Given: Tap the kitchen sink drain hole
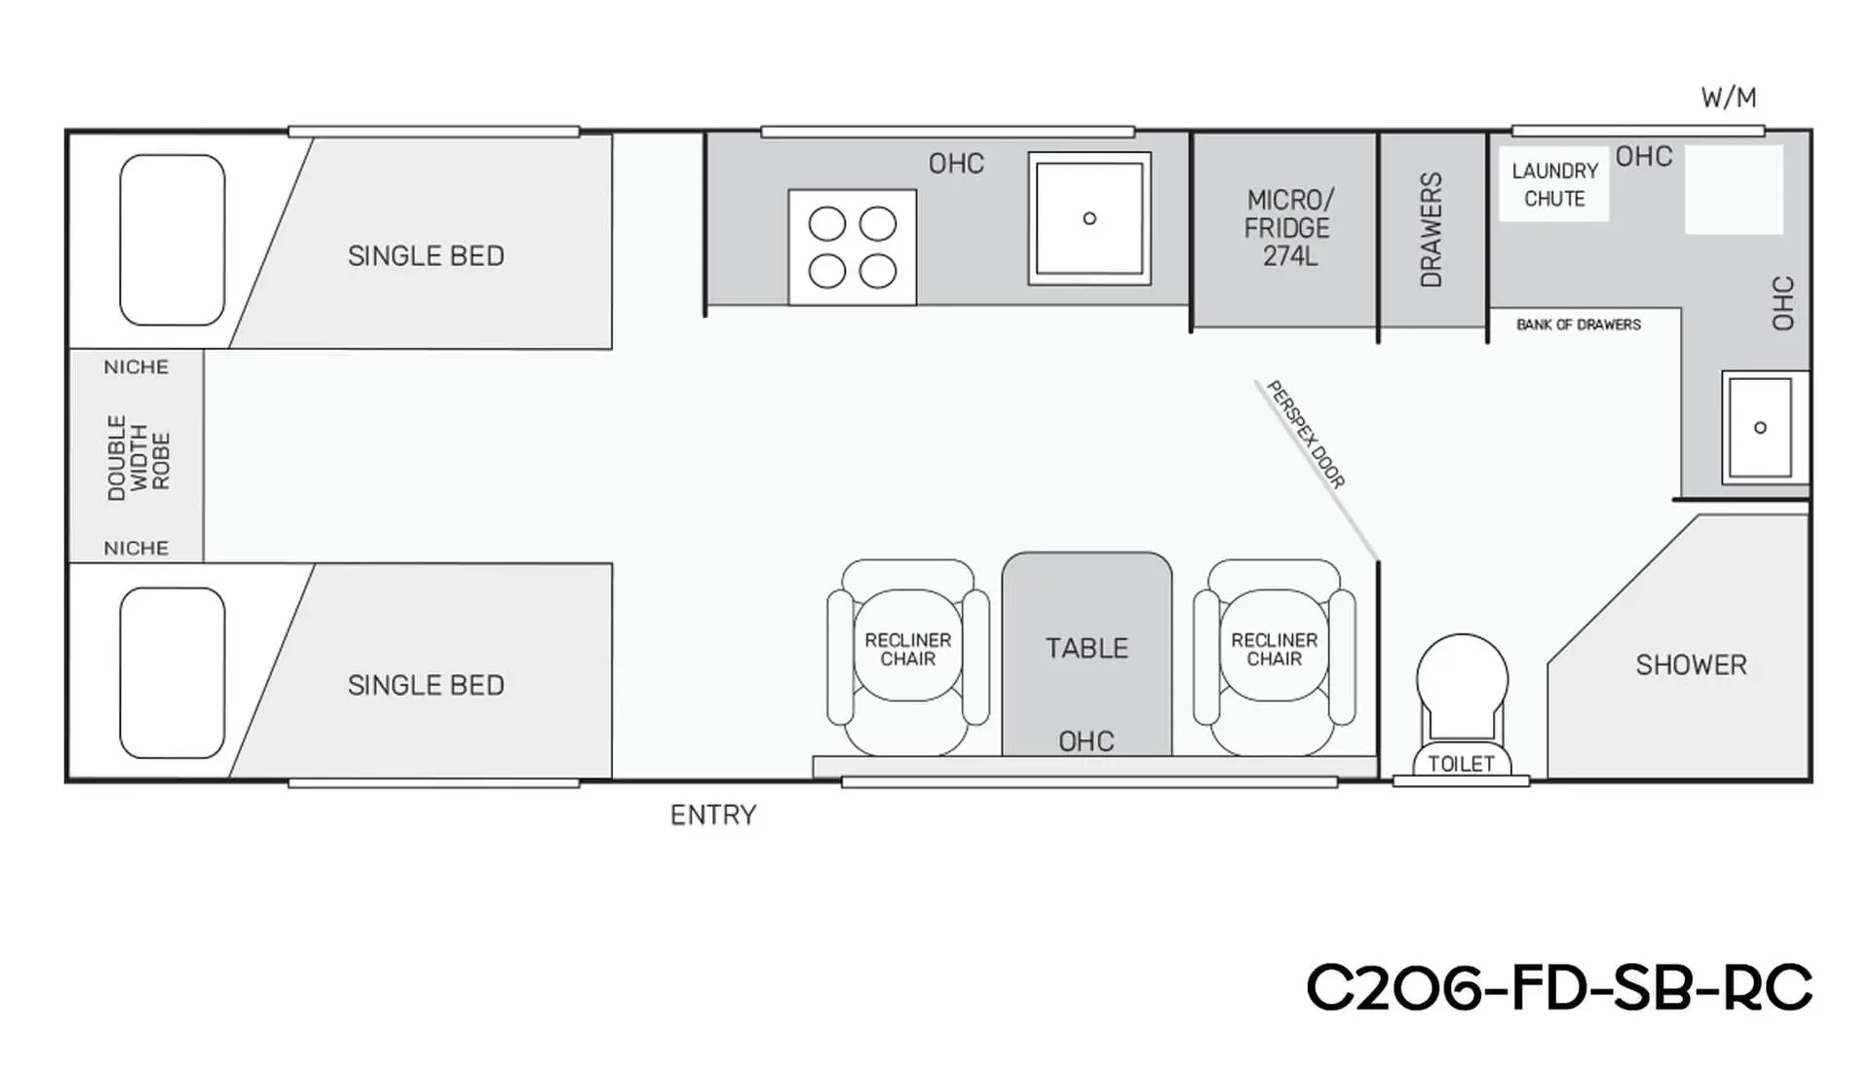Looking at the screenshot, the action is point(1089,218).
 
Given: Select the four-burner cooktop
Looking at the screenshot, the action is point(853,248).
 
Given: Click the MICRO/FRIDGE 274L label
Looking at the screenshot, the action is point(1287,228).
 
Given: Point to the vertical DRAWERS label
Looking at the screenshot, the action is point(1432,230).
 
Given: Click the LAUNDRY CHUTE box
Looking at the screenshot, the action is point(1554,184).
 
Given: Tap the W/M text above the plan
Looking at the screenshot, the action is point(1729,97).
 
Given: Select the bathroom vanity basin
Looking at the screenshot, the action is point(1760,428).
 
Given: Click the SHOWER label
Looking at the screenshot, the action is point(1691,665).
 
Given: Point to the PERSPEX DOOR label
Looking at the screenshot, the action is point(1306,434).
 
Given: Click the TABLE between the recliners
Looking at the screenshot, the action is point(1088,654).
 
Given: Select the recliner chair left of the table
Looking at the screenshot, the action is point(908,658).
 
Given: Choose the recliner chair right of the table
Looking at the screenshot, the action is point(1275,658).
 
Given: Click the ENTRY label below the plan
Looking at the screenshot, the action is point(713,815).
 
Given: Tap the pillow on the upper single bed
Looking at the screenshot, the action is point(172,240).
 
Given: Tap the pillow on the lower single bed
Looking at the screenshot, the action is point(172,672).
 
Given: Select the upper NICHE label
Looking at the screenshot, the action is point(136,367).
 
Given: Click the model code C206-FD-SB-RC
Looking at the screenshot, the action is point(1559,988).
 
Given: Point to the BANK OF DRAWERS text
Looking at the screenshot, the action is point(1579,325).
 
